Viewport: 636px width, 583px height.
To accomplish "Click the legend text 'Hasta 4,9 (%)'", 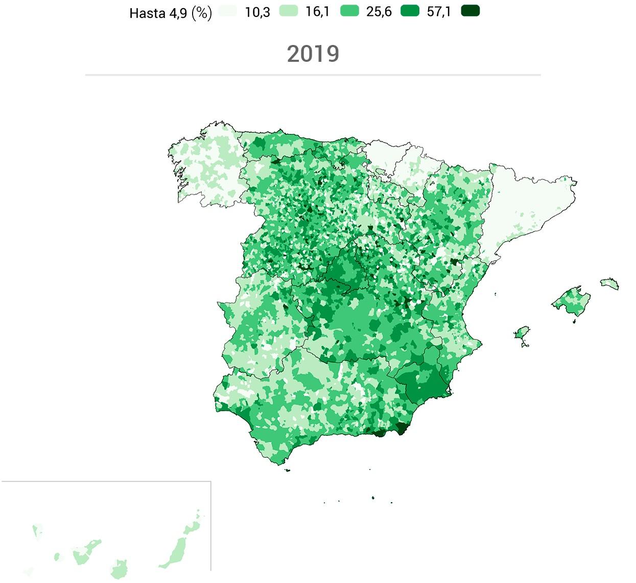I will coord(170,13).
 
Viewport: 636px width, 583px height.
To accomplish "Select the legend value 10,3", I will coord(257,12).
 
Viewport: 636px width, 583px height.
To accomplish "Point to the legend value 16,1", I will coord(317,12).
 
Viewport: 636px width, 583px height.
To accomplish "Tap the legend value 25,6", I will coord(379,12).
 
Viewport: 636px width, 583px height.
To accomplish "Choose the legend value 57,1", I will coord(439,12).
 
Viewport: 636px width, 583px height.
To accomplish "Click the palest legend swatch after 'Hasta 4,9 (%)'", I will coord(228,11).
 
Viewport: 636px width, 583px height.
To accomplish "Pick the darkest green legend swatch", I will coord(470,11).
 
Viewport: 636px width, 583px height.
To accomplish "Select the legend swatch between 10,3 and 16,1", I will coord(289,11).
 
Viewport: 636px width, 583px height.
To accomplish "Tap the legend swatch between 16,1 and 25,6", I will coord(349,11).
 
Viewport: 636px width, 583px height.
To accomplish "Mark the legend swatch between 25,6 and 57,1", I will coord(410,11).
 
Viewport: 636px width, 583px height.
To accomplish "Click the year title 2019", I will coord(313,54).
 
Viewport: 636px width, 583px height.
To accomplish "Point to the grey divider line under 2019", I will coord(313,75).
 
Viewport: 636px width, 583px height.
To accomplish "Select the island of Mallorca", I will coord(572,301).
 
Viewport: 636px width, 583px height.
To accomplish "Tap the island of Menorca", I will coord(609,283).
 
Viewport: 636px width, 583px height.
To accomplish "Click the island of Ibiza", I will coord(522,333).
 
